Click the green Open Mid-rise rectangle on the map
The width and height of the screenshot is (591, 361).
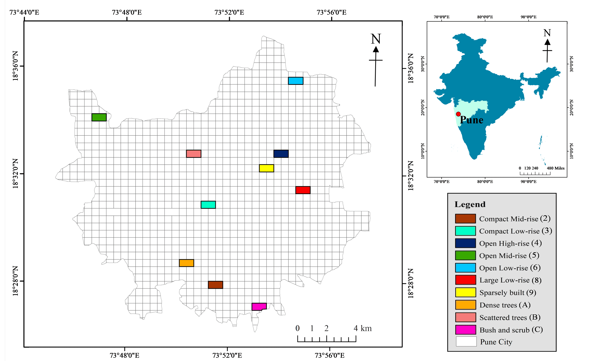tap(99, 117)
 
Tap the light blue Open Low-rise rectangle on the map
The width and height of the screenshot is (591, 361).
tap(295, 81)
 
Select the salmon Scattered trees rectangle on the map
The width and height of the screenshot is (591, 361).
tap(194, 154)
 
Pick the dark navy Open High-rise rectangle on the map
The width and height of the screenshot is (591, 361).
tap(281, 154)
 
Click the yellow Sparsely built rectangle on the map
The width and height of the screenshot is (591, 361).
tap(267, 168)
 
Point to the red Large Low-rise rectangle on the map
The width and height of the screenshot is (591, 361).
tap(303, 190)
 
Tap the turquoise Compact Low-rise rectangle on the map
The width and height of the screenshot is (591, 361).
tap(208, 205)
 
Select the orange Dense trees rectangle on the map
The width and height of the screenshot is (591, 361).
tap(186, 263)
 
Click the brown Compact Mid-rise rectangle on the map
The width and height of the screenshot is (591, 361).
tap(216, 285)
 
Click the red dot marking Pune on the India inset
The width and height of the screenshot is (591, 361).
tap(458, 114)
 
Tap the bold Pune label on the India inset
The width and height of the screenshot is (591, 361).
tap(472, 120)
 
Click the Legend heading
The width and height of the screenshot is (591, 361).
tap(470, 204)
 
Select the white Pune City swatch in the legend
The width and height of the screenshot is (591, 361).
tap(466, 342)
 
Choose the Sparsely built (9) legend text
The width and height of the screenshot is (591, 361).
tap(508, 293)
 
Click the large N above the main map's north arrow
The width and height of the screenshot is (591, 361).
tap(376, 39)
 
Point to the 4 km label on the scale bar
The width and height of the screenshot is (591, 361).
tap(362, 328)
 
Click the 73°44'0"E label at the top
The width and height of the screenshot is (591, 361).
tap(24, 12)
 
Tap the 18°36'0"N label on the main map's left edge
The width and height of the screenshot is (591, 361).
tap(15, 66)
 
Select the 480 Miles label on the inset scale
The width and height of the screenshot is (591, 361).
tap(556, 168)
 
